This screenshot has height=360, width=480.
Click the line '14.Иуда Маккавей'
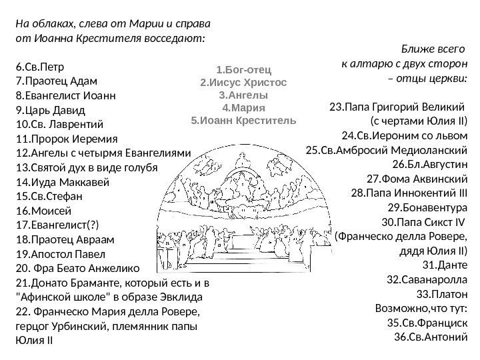(60, 182)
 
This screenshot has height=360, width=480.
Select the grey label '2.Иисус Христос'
(243, 83)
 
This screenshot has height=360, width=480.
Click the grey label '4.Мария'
(243, 108)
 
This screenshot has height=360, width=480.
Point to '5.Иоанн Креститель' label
(243, 121)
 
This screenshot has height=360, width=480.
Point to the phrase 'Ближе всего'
(433, 49)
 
